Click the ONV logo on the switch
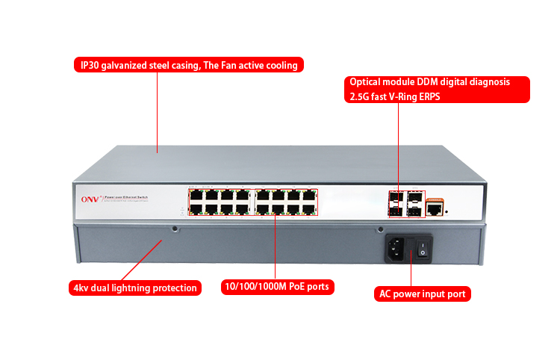(89, 199)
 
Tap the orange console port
(434, 202)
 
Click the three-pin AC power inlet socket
(399, 249)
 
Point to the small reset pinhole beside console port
(447, 211)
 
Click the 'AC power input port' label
(422, 294)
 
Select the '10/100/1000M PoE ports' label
(276, 287)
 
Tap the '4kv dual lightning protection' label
(135, 288)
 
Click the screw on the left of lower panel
(175, 229)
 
